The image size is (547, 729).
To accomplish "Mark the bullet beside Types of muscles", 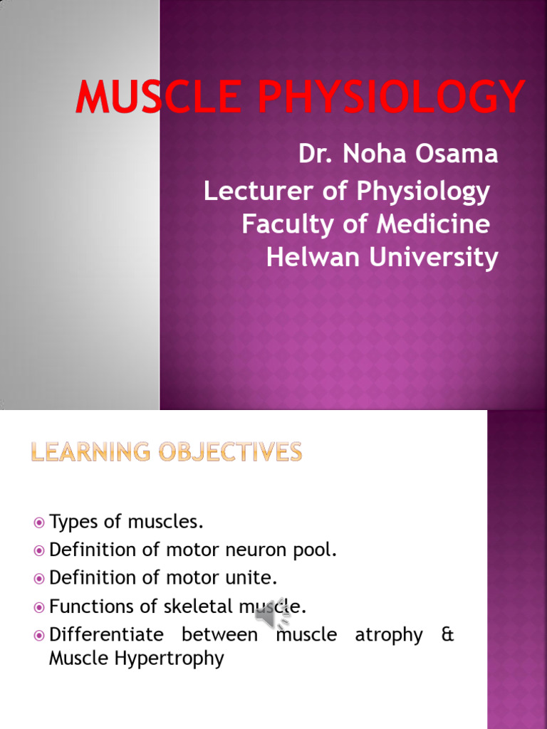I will pos(39,523).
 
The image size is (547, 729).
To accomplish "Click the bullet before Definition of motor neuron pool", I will pos(39,550).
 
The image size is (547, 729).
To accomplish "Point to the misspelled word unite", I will pos(252,577).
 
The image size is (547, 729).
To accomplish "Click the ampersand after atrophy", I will pos(447,634).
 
